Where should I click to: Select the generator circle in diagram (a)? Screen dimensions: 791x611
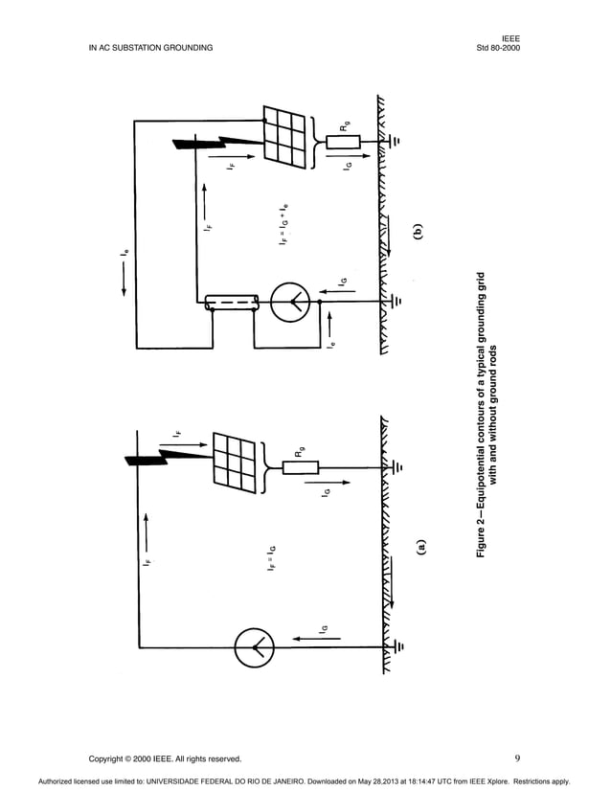point(255,645)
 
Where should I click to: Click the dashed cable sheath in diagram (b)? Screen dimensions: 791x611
point(234,304)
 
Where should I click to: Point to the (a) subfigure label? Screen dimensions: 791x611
point(419,547)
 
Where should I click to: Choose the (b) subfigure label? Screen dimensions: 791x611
point(418,232)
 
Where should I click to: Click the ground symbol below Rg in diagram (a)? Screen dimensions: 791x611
point(398,467)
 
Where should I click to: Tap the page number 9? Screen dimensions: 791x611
point(516,758)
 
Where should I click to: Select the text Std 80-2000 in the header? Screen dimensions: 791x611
point(497,47)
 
